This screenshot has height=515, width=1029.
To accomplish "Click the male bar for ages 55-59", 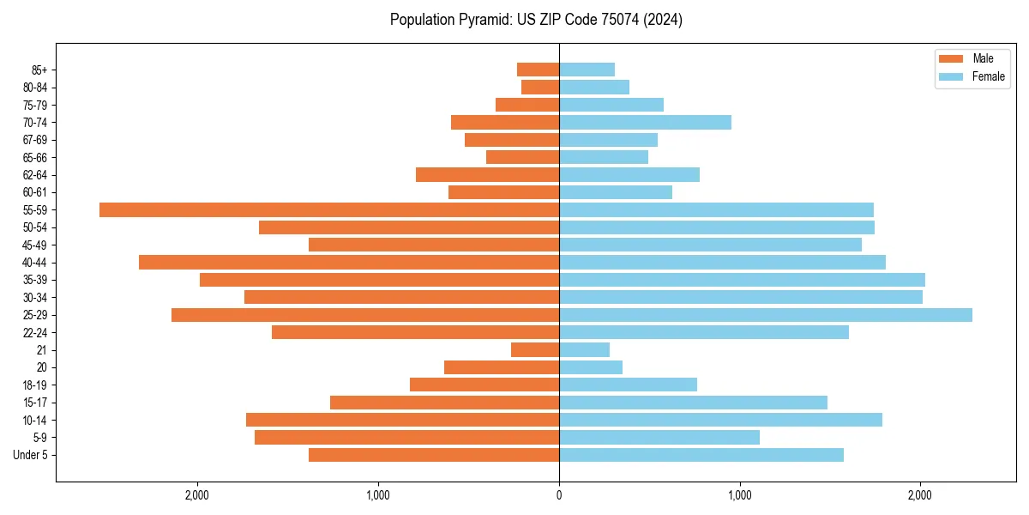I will [x=329, y=209].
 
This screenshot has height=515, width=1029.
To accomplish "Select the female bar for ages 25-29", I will [x=765, y=315].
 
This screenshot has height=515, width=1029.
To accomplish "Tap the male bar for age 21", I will [x=535, y=350].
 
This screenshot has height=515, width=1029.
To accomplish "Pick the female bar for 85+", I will [x=587, y=70].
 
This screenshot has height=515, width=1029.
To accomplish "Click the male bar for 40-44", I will [x=349, y=262].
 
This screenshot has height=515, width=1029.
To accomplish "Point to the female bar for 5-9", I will [x=659, y=438].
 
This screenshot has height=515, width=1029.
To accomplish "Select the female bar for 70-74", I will [x=645, y=122].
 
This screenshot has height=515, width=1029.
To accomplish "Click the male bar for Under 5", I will [x=434, y=455].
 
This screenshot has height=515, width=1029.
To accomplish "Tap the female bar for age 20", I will [x=591, y=367].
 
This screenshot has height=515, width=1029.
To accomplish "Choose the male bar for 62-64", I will [x=487, y=174].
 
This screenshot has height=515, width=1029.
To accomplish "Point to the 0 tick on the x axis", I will [x=559, y=495].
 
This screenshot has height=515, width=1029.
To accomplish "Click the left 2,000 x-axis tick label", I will [x=197, y=495].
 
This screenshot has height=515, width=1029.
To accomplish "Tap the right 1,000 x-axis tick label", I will [x=740, y=495].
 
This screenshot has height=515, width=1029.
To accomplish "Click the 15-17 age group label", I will [x=34, y=403].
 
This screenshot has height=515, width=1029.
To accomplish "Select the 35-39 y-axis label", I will [x=34, y=280].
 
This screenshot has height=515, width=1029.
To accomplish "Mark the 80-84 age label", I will [x=34, y=88].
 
